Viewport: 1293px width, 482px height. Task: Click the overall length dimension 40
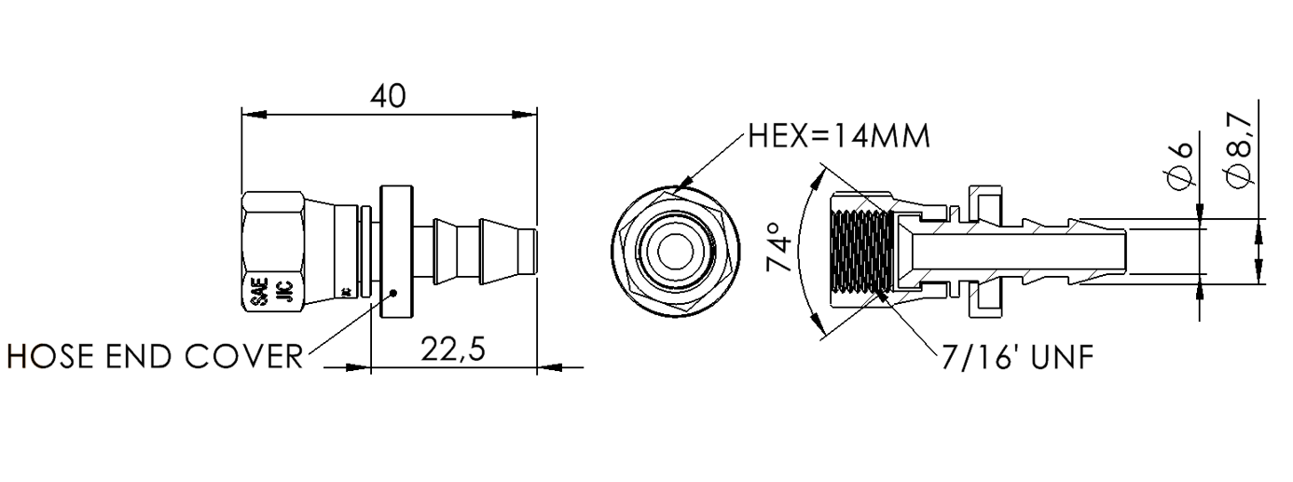click(x=389, y=96)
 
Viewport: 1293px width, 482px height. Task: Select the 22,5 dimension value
click(x=453, y=351)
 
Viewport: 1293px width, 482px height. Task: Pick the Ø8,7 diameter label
click(x=1239, y=150)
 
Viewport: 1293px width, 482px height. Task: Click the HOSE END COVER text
click(x=155, y=355)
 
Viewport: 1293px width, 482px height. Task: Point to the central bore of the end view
click(x=676, y=252)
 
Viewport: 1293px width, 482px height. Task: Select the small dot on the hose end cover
click(x=395, y=292)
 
